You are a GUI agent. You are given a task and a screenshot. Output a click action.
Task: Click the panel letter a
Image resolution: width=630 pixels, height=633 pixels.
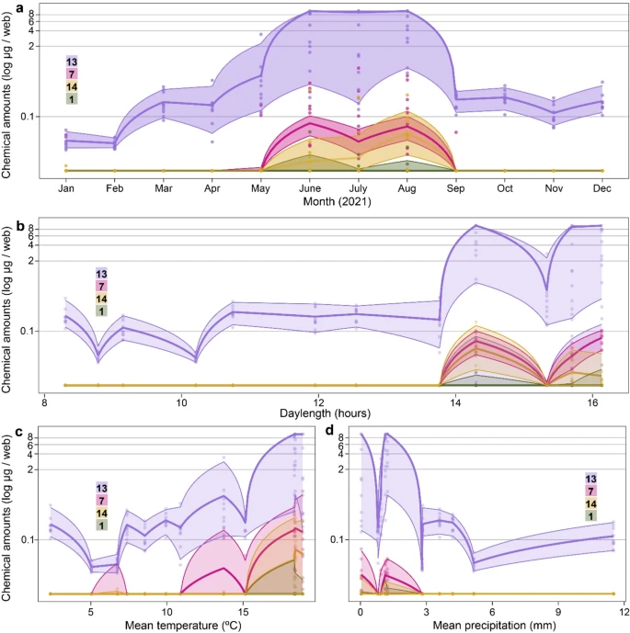(x=7, y=7)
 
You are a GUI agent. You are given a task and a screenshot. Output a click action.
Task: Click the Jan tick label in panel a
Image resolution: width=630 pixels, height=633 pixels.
(x=66, y=189)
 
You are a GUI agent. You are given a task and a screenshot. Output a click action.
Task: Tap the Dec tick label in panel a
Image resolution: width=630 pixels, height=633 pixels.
(x=602, y=189)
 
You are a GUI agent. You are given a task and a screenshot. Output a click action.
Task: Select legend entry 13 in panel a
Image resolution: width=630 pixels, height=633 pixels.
(x=72, y=62)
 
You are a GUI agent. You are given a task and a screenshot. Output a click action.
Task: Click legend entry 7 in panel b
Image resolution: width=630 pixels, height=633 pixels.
(x=101, y=287)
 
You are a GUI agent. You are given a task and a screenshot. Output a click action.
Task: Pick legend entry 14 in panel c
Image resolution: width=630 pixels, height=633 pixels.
(x=101, y=512)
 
